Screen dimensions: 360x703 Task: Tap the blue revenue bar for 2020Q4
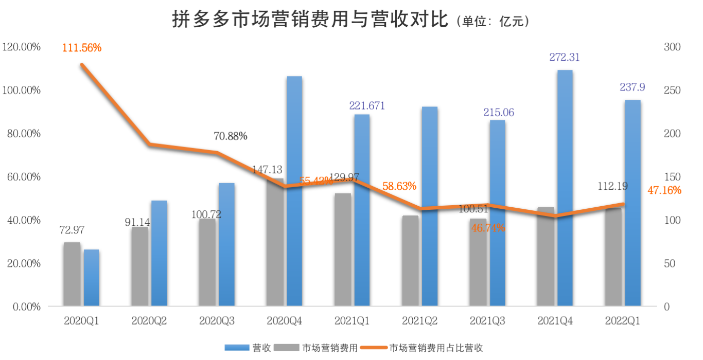(294, 191)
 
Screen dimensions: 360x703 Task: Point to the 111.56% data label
(82, 48)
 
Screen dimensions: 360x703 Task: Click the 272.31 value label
(565, 57)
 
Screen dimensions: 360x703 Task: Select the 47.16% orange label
(664, 190)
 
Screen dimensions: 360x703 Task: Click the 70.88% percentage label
(231, 136)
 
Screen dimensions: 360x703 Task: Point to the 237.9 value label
(632, 88)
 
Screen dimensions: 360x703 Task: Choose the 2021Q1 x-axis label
(352, 321)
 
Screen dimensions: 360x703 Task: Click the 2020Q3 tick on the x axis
(217, 321)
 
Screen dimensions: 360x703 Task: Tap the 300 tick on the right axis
(672, 47)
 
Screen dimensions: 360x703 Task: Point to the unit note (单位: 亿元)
(493, 22)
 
